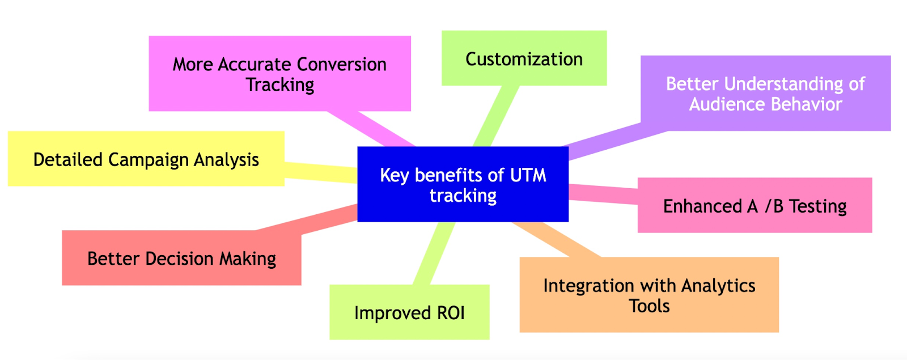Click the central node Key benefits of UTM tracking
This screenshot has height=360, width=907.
tap(463, 184)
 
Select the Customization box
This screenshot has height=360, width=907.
tap(524, 58)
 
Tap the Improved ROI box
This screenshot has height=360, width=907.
tap(409, 312)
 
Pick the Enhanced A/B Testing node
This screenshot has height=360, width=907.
tap(755, 205)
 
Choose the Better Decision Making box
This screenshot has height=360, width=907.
tap(181, 258)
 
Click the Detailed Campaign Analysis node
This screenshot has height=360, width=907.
tap(146, 159)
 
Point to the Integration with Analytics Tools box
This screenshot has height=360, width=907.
tap(649, 295)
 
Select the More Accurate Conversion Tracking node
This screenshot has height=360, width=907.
tap(279, 74)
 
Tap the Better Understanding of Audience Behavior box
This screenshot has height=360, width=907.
tap(765, 94)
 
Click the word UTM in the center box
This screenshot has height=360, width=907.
tap(528, 175)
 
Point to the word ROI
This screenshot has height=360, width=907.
tap(451, 312)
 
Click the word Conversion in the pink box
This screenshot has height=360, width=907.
tap(341, 64)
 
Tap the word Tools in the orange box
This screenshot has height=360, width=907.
tap(649, 306)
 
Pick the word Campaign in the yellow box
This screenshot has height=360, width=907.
tap(149, 160)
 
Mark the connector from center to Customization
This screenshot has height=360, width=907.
tap(495, 116)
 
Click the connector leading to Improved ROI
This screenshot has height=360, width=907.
tap(434, 253)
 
